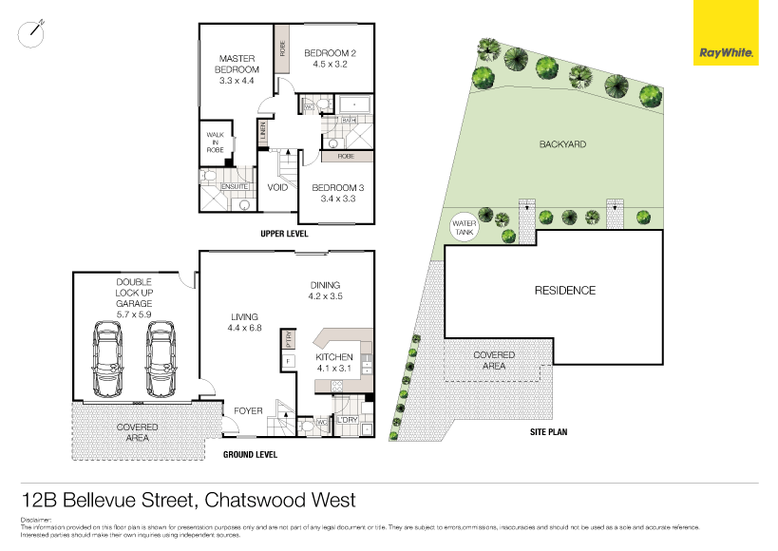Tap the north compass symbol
(33, 31)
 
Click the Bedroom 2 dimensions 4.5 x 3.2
(330, 66)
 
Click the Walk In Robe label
(214, 142)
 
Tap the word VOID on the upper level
(277, 187)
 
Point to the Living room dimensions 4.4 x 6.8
(245, 329)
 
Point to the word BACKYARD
(562, 144)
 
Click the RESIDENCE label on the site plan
(564, 291)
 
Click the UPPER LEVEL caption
(284, 234)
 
